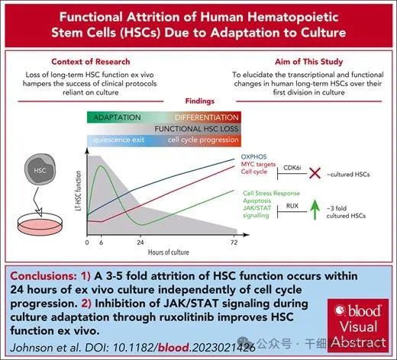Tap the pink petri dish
click(x=40, y=224)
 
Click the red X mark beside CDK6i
click(x=315, y=173)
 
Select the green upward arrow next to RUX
click(x=315, y=209)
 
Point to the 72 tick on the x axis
click(x=234, y=243)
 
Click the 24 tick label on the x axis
click(x=140, y=243)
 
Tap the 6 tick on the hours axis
click(x=101, y=243)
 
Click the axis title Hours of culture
click(x=169, y=252)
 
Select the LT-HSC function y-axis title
click(x=79, y=191)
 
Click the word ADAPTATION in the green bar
click(x=117, y=117)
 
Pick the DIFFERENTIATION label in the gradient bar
click(x=207, y=117)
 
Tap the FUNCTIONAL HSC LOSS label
click(x=196, y=129)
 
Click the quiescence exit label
click(x=118, y=140)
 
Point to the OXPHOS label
click(x=253, y=156)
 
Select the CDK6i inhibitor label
click(x=292, y=168)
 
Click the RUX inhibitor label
click(x=292, y=206)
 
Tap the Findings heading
click(x=200, y=101)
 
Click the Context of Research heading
click(x=91, y=62)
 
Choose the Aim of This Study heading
click(x=308, y=62)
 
